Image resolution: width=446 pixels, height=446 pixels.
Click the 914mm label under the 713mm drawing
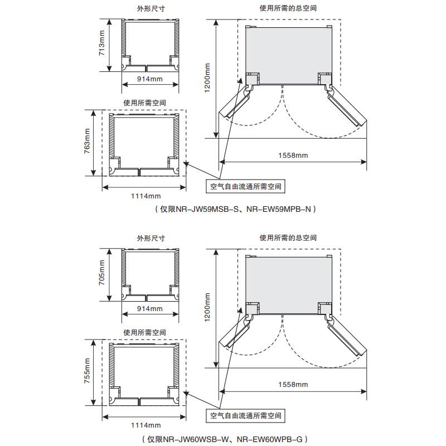150,80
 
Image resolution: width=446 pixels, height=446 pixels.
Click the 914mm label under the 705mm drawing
150,309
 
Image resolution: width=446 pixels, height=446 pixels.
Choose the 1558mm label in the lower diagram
293,385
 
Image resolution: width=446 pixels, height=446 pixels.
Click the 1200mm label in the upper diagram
207,78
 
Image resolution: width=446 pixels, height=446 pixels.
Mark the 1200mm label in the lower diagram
207,308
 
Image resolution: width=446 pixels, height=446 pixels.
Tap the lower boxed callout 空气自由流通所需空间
246,415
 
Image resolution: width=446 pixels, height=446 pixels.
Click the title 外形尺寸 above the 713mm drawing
151,9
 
